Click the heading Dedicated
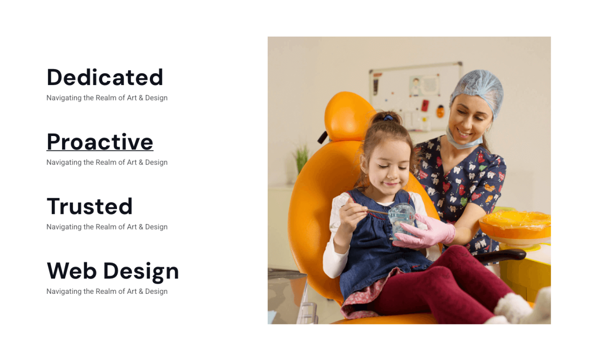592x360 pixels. tap(105, 77)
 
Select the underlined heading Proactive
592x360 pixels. tap(100, 142)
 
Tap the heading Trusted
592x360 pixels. tap(89, 206)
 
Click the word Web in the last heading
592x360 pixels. tap(72, 271)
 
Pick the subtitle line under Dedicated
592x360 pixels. tap(107, 98)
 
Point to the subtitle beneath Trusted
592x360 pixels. tap(107, 227)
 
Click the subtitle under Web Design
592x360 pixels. tap(107, 291)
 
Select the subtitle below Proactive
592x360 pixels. tap(107, 162)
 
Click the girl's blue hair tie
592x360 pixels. tap(388, 118)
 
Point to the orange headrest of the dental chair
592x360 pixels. tap(347, 116)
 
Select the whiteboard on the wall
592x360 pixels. tap(415, 96)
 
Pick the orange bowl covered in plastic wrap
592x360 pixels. tap(515, 227)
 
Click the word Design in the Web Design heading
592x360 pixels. tap(141, 272)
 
